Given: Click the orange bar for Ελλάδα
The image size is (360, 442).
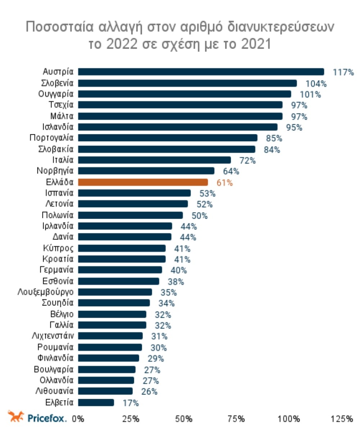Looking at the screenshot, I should [143, 182].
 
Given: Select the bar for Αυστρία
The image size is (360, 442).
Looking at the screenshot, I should [201, 72].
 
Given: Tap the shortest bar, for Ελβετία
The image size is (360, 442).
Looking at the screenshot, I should [96, 402].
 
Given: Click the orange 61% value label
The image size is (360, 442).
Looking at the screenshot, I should [225, 183].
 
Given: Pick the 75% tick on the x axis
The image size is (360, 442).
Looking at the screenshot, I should [236, 419].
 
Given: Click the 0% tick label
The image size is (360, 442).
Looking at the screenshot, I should [78, 419].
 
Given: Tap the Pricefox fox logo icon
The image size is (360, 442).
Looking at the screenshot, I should [16, 417].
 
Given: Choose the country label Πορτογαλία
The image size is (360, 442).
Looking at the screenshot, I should [51, 138].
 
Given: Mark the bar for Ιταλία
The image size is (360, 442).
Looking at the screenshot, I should [154, 160].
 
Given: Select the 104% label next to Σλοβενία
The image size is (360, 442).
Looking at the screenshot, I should [316, 84].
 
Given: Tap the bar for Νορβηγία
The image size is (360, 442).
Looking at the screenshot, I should [146, 171].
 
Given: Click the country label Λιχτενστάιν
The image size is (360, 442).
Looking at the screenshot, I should [53, 336].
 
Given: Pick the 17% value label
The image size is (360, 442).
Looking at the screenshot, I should [130, 403].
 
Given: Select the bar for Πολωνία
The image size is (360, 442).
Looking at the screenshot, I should [130, 215].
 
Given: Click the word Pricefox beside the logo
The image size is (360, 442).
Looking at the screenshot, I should [47, 418].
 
